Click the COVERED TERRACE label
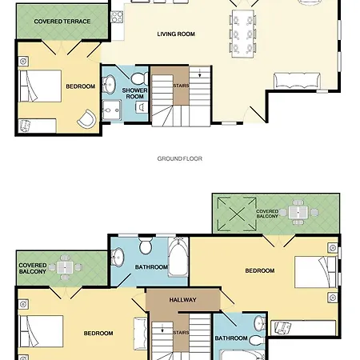click(62, 22)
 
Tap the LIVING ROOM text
click(176, 34)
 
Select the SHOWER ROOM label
click(134, 94)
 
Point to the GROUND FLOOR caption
click(180, 158)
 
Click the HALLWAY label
click(182, 300)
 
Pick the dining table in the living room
click(242, 34)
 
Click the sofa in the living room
click(297, 80)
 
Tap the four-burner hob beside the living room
click(117, 17)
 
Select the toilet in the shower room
click(138, 78)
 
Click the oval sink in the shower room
click(110, 84)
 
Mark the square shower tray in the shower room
click(112, 110)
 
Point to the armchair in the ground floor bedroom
click(87, 118)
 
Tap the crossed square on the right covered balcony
click(237, 214)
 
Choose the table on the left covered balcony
click(65, 267)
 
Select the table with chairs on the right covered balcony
click(298, 213)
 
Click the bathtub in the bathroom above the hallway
click(178, 257)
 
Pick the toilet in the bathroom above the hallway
click(146, 245)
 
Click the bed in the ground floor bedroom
click(41, 86)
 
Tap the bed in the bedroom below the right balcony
click(315, 272)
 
